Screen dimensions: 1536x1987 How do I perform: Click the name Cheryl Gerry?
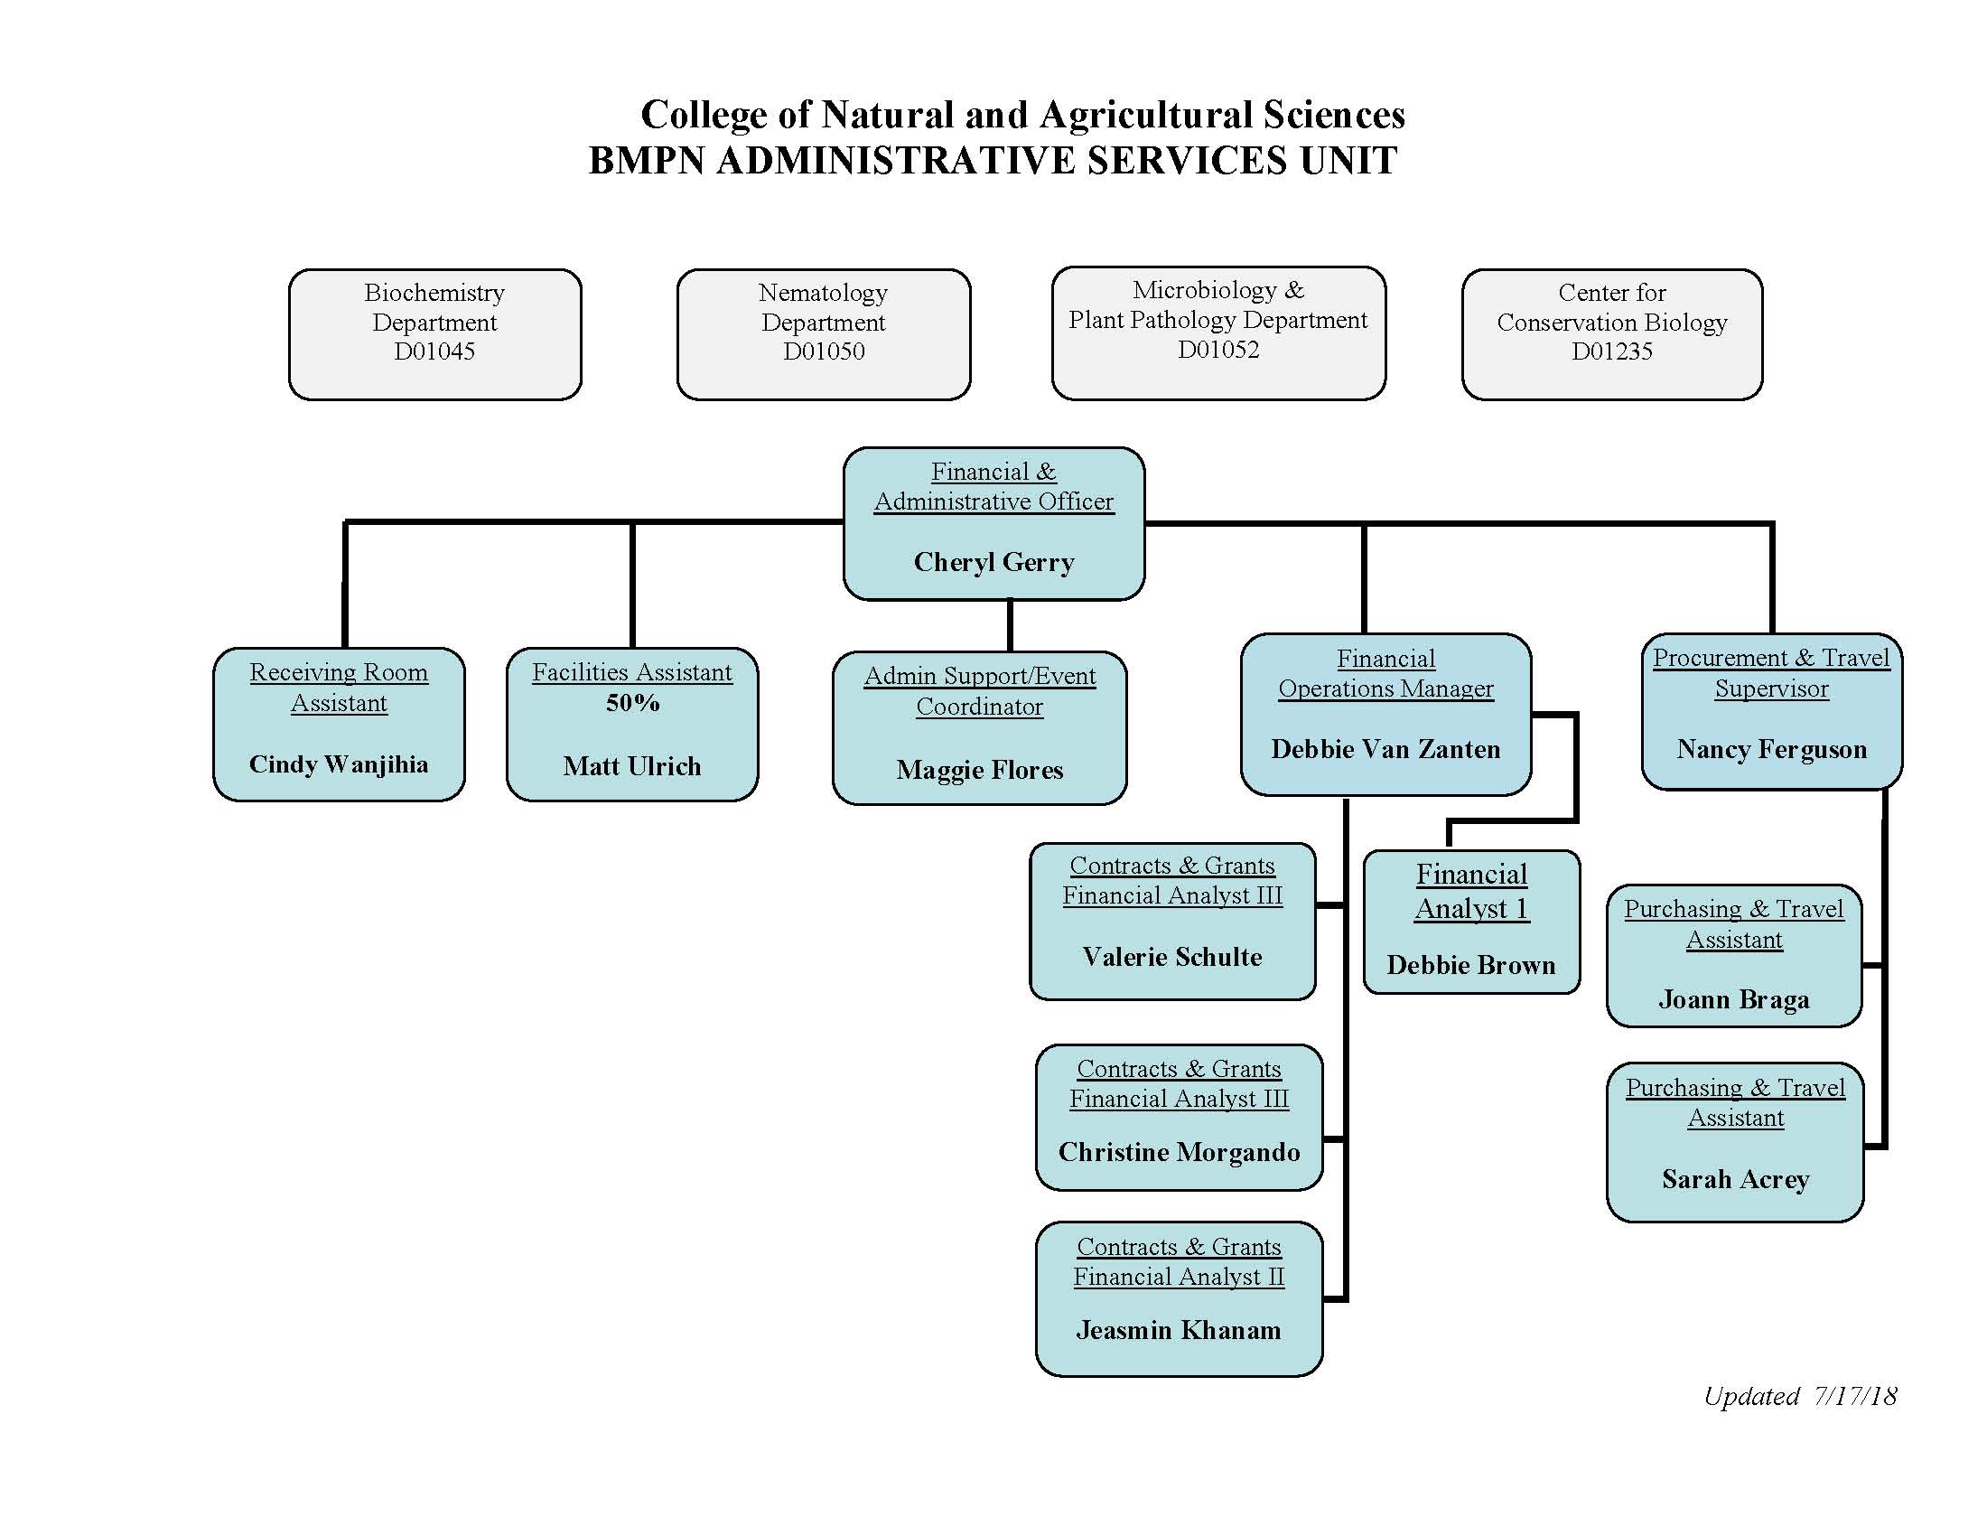[x=993, y=562]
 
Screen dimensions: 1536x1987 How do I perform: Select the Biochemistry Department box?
[x=435, y=333]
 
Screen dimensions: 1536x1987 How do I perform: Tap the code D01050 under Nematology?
[x=824, y=351]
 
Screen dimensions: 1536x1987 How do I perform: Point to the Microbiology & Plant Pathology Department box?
[x=1218, y=333]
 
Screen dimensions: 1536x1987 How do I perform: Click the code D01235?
[x=1611, y=351]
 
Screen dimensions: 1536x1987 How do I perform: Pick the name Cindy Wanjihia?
[x=339, y=764]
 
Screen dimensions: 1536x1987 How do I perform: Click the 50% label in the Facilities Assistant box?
[x=632, y=703]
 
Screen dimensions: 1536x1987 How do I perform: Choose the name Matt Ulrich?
[x=632, y=766]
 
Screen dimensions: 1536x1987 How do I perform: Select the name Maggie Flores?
[x=979, y=770]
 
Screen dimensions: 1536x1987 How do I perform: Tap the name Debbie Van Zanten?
[x=1385, y=749]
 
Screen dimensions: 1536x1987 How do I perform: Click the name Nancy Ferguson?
[x=1771, y=749]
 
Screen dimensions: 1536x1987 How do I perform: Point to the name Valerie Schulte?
[x=1171, y=956]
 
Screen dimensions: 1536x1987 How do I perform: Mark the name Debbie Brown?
[x=1471, y=965]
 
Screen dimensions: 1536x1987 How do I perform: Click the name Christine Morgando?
[x=1179, y=1152]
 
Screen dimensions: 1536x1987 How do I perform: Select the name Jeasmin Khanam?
[x=1178, y=1330]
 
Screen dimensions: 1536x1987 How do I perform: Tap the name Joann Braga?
[x=1734, y=999]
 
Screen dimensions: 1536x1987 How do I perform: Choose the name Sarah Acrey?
[x=1735, y=1179]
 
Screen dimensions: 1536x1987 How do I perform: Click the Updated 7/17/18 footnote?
[x=1799, y=1396]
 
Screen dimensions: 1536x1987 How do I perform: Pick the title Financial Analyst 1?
[x=1471, y=891]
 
